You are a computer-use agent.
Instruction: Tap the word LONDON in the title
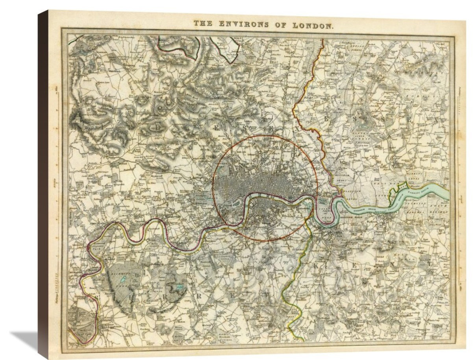click(x=313, y=25)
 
